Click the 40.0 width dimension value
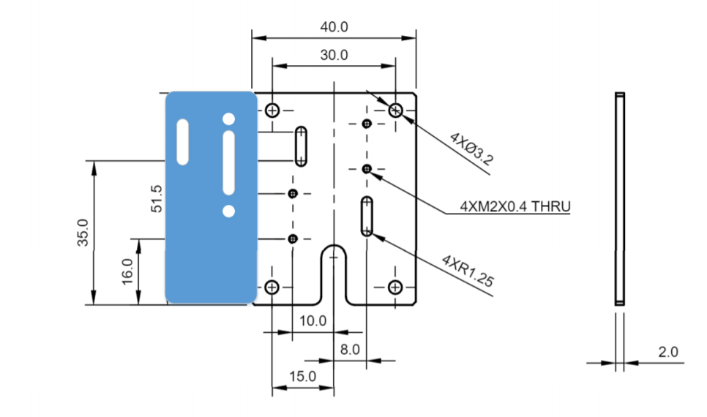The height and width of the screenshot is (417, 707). pos(334,27)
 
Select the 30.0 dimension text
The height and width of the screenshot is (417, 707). pos(334,55)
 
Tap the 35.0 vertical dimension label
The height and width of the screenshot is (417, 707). pos(83,233)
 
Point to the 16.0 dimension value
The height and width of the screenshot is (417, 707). pos(127,271)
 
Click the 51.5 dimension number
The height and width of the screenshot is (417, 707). pos(157,199)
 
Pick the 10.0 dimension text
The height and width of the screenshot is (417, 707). pos(313,321)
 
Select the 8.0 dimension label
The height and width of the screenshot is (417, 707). pos(350,350)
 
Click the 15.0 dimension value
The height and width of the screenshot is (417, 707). pos(302,377)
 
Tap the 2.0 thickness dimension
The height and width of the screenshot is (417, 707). pos(667,352)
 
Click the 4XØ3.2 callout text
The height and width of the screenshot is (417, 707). pos(471,149)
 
